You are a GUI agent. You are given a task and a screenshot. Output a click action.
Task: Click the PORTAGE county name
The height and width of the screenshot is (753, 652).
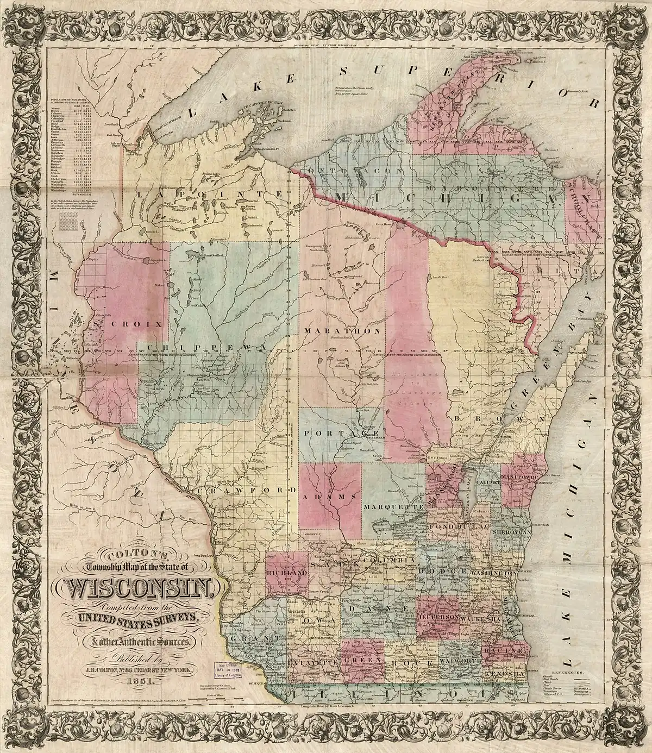(333, 433)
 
